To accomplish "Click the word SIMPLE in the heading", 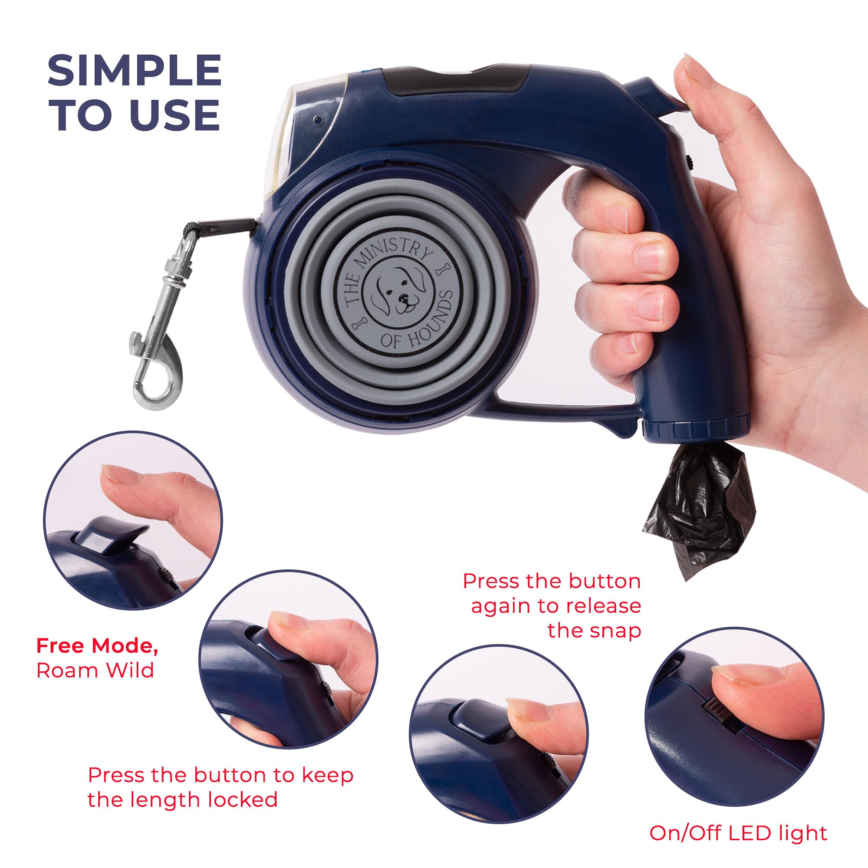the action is click(x=135, y=71).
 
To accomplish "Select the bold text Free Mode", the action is click(x=97, y=646).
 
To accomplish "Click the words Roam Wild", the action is click(x=95, y=671).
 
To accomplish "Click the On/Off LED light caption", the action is click(x=738, y=820).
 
